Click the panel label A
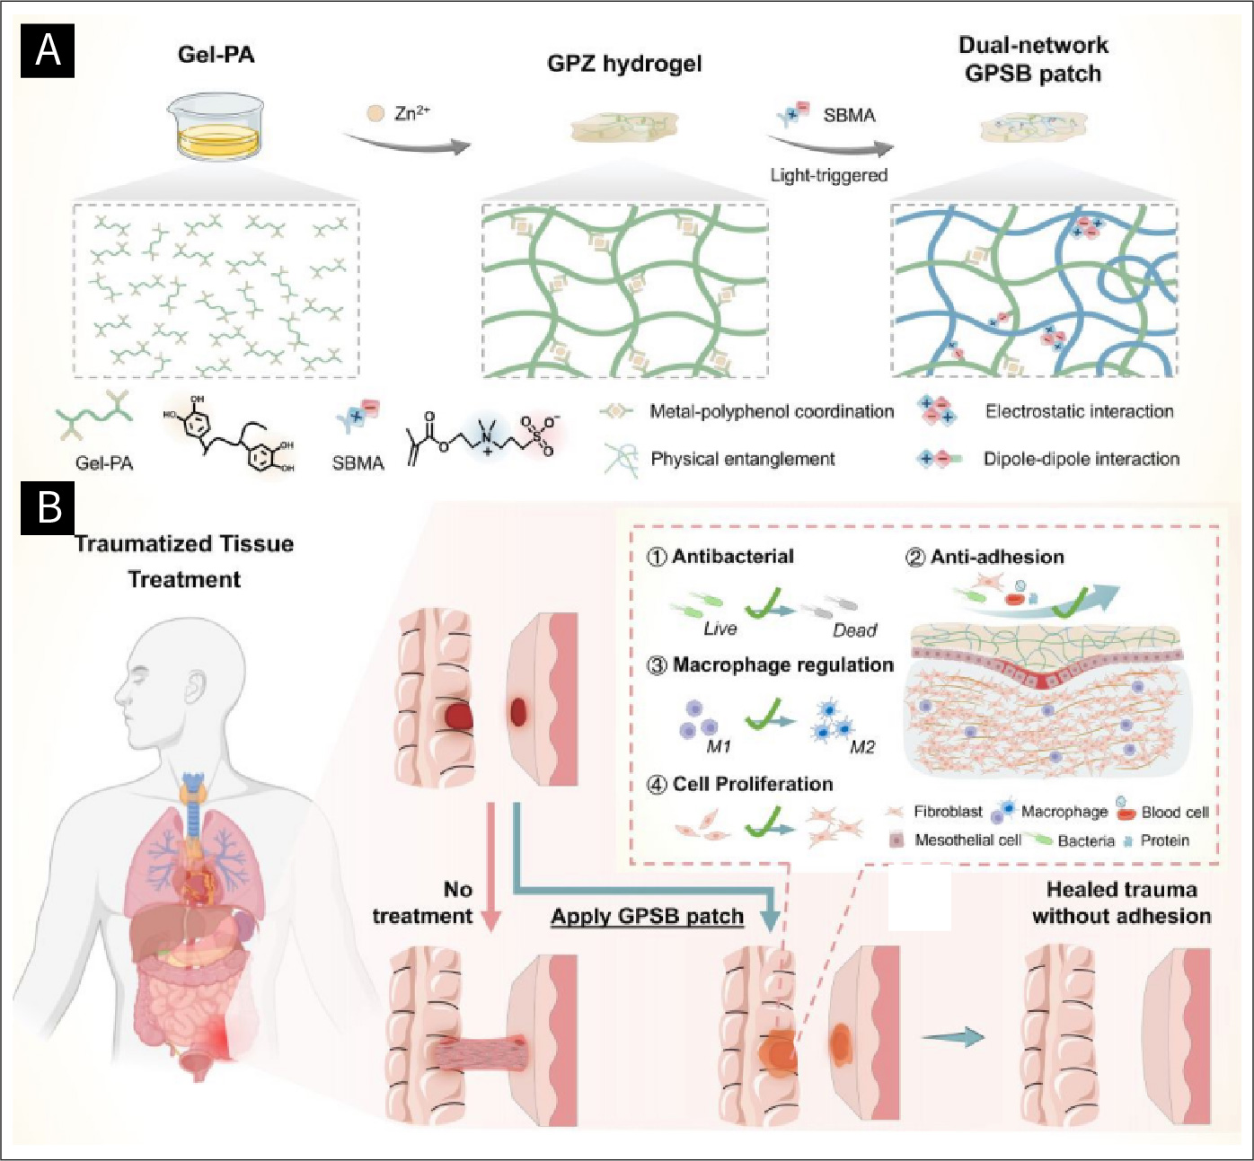click(48, 50)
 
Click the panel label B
click(49, 507)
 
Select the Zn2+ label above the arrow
click(412, 113)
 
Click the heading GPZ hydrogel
click(624, 64)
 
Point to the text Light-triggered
click(828, 175)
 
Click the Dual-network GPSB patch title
click(1033, 59)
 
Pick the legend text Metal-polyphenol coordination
click(772, 411)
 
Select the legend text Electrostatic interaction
click(1079, 411)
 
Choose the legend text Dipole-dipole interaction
click(1081, 459)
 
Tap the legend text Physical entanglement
click(742, 459)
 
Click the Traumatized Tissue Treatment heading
click(184, 561)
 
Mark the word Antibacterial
click(732, 556)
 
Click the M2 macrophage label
click(861, 747)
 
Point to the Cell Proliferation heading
click(752, 784)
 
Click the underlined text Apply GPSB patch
click(647, 917)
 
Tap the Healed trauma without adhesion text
click(1121, 902)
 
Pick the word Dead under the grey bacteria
click(854, 630)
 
